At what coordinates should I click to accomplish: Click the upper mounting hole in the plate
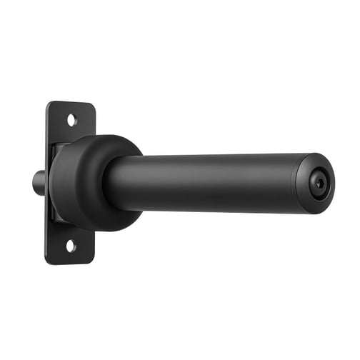tap(71, 120)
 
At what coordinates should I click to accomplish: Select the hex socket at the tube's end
tap(320, 184)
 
